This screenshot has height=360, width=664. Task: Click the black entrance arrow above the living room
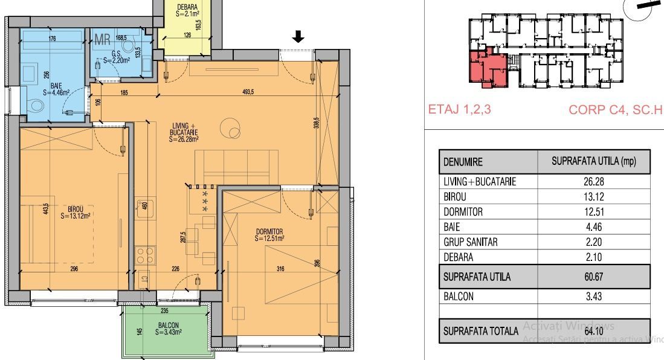[298, 38]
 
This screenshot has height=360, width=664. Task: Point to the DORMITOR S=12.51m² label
[269, 234]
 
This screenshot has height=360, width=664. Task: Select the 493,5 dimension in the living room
[248, 92]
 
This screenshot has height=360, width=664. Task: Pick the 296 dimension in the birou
[74, 270]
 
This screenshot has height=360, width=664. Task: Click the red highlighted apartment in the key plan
[488, 68]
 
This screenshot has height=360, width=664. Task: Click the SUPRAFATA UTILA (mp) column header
[593, 162]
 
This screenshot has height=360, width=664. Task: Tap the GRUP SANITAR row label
[471, 242]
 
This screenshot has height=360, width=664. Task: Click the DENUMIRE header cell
[466, 162]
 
